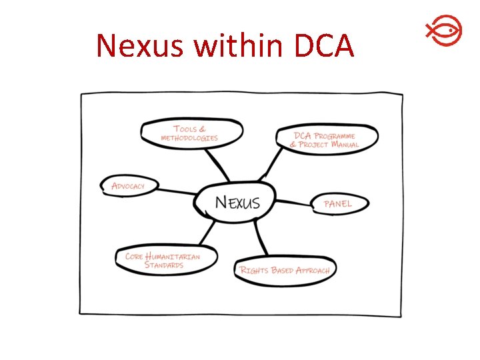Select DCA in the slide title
324,45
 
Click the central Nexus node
237,201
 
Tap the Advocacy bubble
128,185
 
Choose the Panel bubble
338,203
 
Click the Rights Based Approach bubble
285,270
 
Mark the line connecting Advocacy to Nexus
177,192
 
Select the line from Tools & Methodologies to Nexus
217,164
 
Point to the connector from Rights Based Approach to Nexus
261,239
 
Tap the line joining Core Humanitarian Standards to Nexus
206,234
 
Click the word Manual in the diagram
345,144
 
